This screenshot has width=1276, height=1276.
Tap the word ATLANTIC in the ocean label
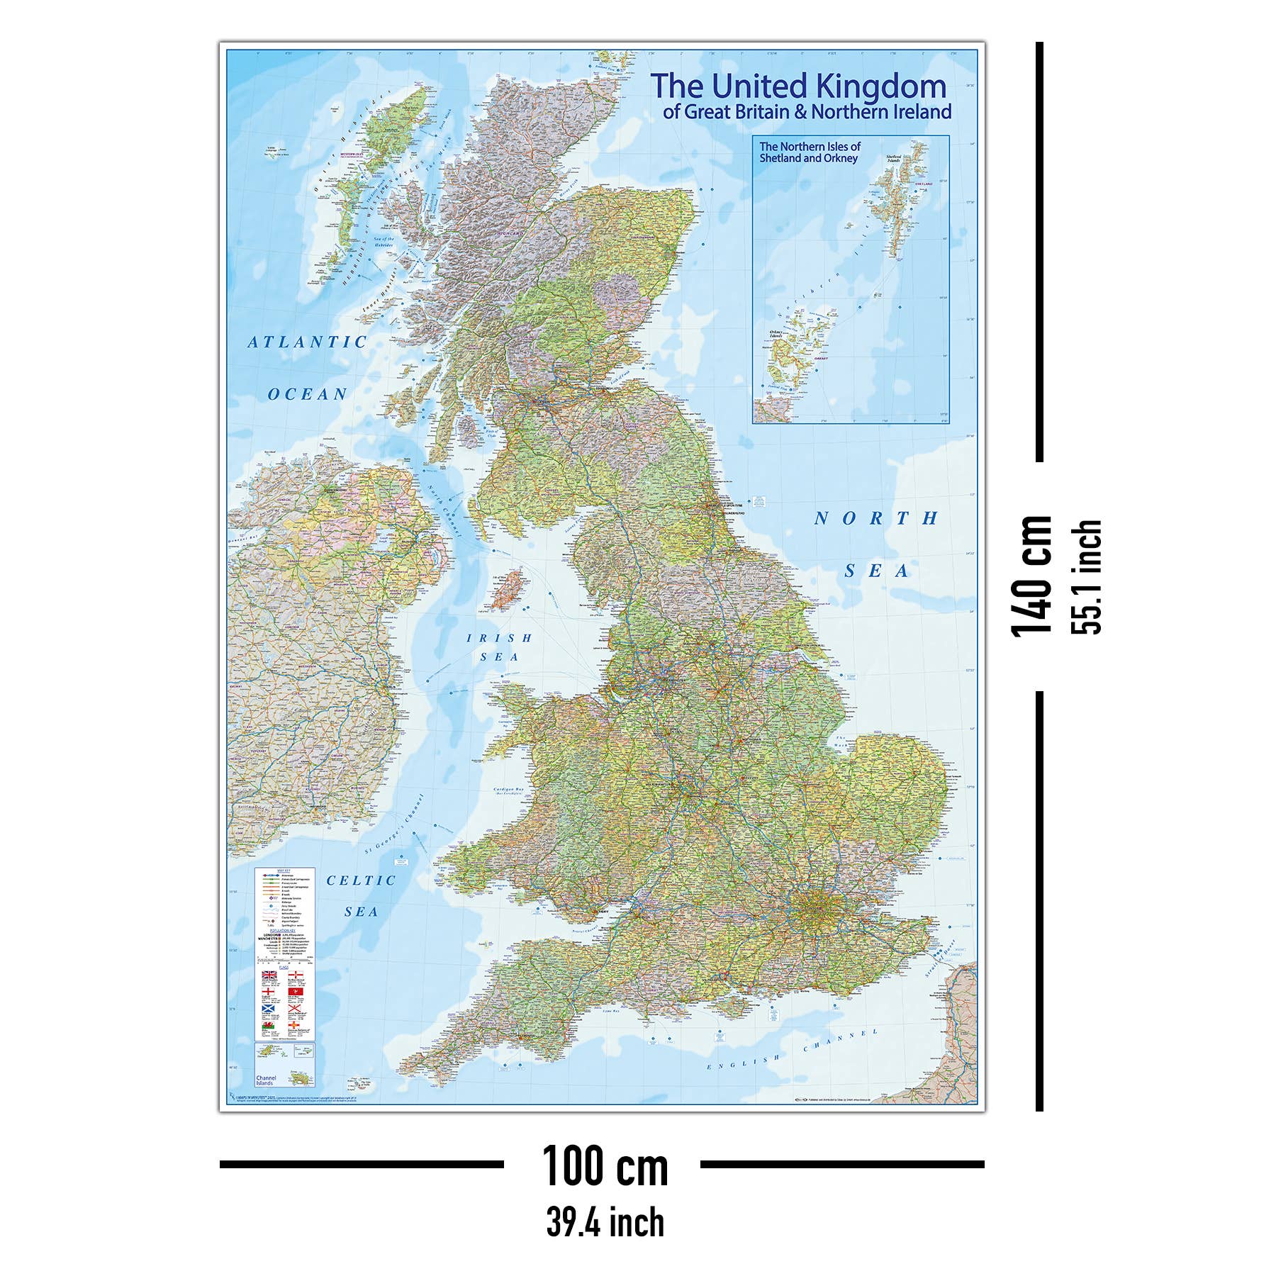click(x=307, y=342)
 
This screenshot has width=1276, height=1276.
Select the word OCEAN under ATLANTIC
click(x=308, y=394)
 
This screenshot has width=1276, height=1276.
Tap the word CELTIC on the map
click(x=361, y=880)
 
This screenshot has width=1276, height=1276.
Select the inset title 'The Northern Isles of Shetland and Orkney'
click(x=810, y=152)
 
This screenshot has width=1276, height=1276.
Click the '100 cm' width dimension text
click(x=605, y=1166)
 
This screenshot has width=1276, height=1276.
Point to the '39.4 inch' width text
click(x=605, y=1222)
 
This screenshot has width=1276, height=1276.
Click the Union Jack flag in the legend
click(x=269, y=975)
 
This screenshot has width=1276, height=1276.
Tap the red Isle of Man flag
click(x=296, y=991)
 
